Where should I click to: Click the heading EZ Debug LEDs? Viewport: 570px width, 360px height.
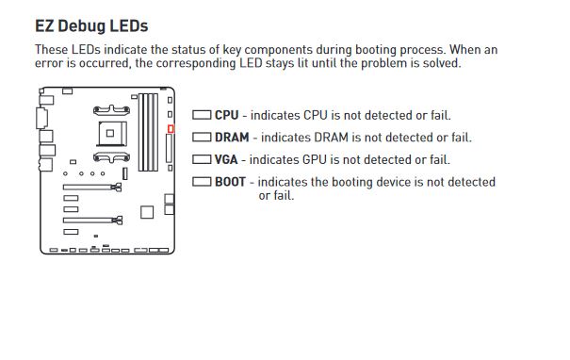pos(91,26)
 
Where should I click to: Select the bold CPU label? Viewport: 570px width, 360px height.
pos(226,115)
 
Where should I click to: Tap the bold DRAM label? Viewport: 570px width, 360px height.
pos(232,138)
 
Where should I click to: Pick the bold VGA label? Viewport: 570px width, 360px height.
pos(226,159)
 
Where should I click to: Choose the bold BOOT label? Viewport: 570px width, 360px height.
pos(230,182)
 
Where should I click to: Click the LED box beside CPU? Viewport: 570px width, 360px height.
pos(202,115)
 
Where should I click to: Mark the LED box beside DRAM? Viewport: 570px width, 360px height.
pos(202,138)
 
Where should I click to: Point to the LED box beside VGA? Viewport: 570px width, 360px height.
pos(202,159)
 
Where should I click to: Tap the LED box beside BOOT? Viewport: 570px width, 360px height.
pos(202,182)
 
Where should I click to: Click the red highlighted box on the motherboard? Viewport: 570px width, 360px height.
pos(171,129)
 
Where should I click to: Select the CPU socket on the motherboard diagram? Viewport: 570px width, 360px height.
pos(112,134)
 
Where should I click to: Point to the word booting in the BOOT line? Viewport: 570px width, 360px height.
pos(351,182)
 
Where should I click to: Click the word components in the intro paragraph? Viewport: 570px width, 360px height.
pos(278,50)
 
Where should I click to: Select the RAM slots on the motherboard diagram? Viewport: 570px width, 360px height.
pos(148,132)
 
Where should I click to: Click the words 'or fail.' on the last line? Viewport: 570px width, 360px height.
pos(276,196)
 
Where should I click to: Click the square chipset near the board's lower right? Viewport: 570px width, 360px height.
pos(147,212)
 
